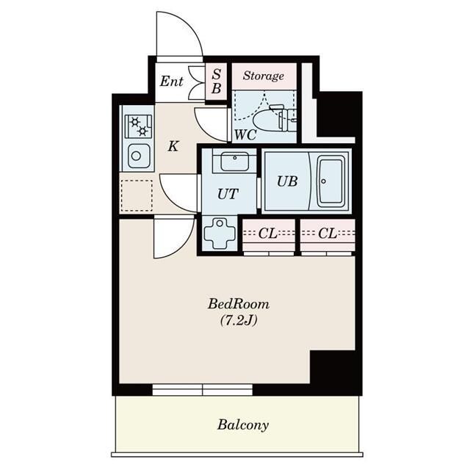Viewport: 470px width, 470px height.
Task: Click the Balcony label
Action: pos(243,424)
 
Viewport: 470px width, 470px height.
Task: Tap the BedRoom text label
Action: pos(239,304)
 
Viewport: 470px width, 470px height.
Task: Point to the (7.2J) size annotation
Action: pos(239,321)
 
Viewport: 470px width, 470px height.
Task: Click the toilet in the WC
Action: pos(274,119)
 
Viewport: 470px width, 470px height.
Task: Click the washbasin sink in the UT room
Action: pos(235,162)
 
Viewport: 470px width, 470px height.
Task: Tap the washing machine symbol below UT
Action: pos(220,234)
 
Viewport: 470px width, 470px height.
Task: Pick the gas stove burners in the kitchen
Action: pos(139,126)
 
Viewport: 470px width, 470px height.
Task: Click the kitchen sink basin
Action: pos(139,156)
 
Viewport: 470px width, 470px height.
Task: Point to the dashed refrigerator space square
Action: pos(137,195)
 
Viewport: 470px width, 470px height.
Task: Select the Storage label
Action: pos(264,76)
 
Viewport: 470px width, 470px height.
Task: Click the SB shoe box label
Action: pos(217,82)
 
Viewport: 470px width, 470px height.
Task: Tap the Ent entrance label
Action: pos(171,82)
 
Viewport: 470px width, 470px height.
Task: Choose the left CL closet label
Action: pos(267,234)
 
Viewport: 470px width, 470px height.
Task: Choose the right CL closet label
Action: pos(328,234)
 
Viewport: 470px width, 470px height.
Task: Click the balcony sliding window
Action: pos(203,390)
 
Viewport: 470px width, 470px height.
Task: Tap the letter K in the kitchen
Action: pos(173,147)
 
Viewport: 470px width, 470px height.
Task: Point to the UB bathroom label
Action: pos(287,181)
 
